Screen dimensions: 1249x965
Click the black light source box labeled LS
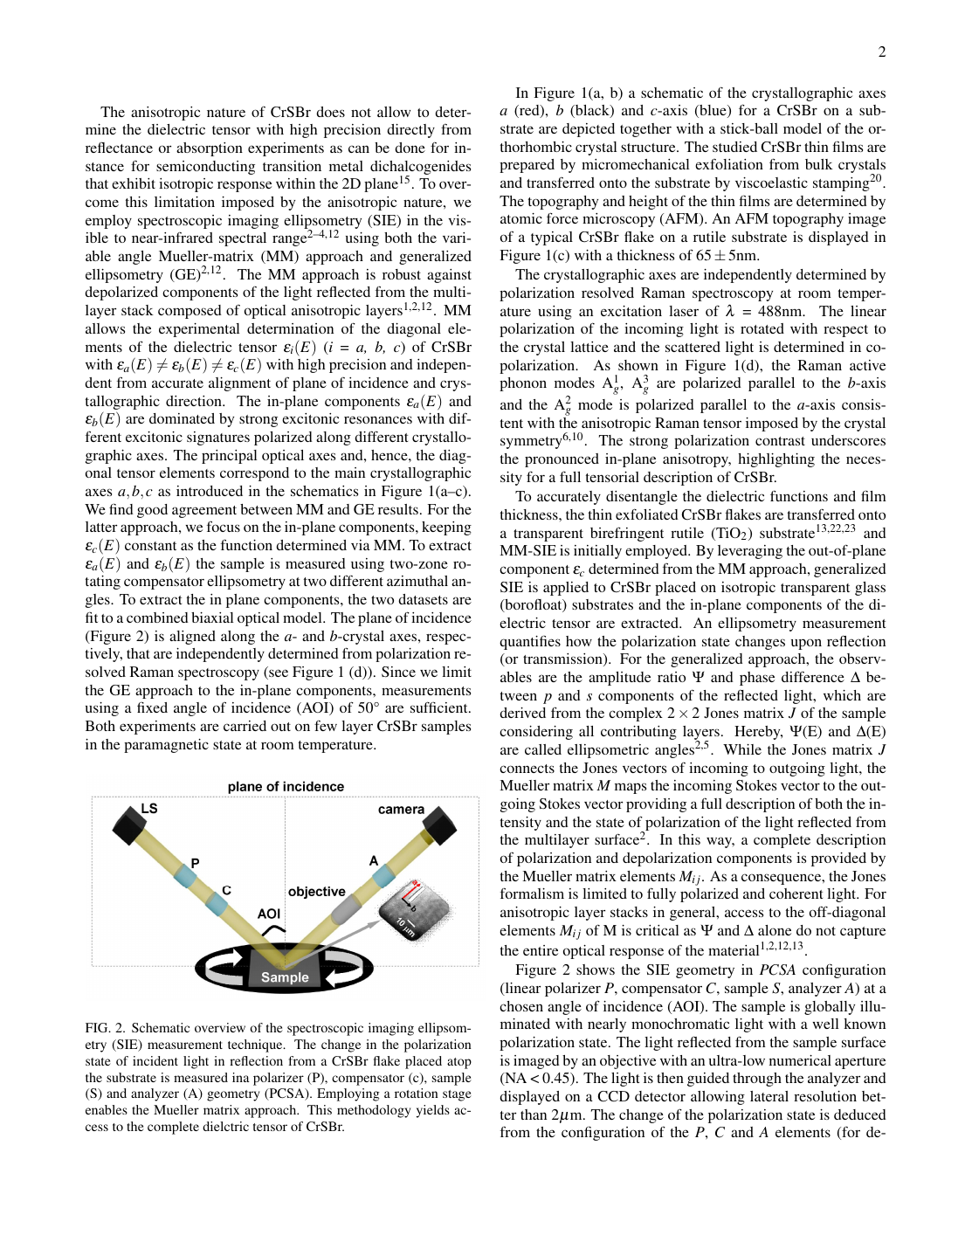pos(128,826)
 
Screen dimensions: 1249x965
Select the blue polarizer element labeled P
pos(185,876)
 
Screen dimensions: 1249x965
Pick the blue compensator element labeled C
pos(216,902)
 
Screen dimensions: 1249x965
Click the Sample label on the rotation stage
pos(285,977)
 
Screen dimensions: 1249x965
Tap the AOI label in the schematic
pos(269,914)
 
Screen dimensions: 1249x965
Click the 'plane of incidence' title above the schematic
pos(286,787)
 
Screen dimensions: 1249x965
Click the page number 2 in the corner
pos(882,52)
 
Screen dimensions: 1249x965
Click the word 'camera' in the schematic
pos(401,810)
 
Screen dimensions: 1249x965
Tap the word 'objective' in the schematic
pos(316,892)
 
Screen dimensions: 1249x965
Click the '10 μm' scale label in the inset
pos(406,928)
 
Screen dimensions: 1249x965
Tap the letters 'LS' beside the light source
pos(149,809)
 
